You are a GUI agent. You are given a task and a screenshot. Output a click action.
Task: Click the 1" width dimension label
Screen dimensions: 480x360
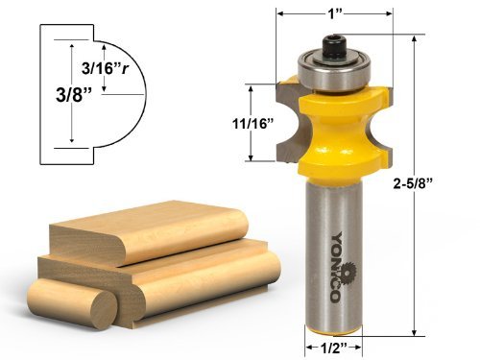pos(335,14)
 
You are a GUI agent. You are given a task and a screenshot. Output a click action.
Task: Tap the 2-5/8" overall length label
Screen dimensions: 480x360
pos(413,183)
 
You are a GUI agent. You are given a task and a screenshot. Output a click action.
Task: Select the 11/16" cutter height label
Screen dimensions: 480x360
pos(253,123)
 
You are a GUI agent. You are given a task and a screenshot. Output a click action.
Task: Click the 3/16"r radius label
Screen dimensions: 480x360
pos(106,68)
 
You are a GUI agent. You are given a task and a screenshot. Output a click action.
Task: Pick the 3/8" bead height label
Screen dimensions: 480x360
pos(74,95)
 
